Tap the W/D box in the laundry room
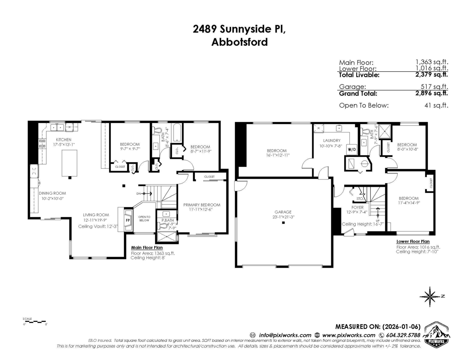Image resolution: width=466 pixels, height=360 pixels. tap(352, 149)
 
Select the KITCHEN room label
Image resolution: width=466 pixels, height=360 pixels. tap(64, 139)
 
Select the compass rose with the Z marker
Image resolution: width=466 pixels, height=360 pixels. tap(430, 297)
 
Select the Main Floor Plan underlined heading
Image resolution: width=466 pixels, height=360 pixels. tap(147, 247)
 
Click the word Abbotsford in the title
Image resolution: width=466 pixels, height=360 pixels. tap(239, 42)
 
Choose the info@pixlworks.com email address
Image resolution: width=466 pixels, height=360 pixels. tap(285, 335)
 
